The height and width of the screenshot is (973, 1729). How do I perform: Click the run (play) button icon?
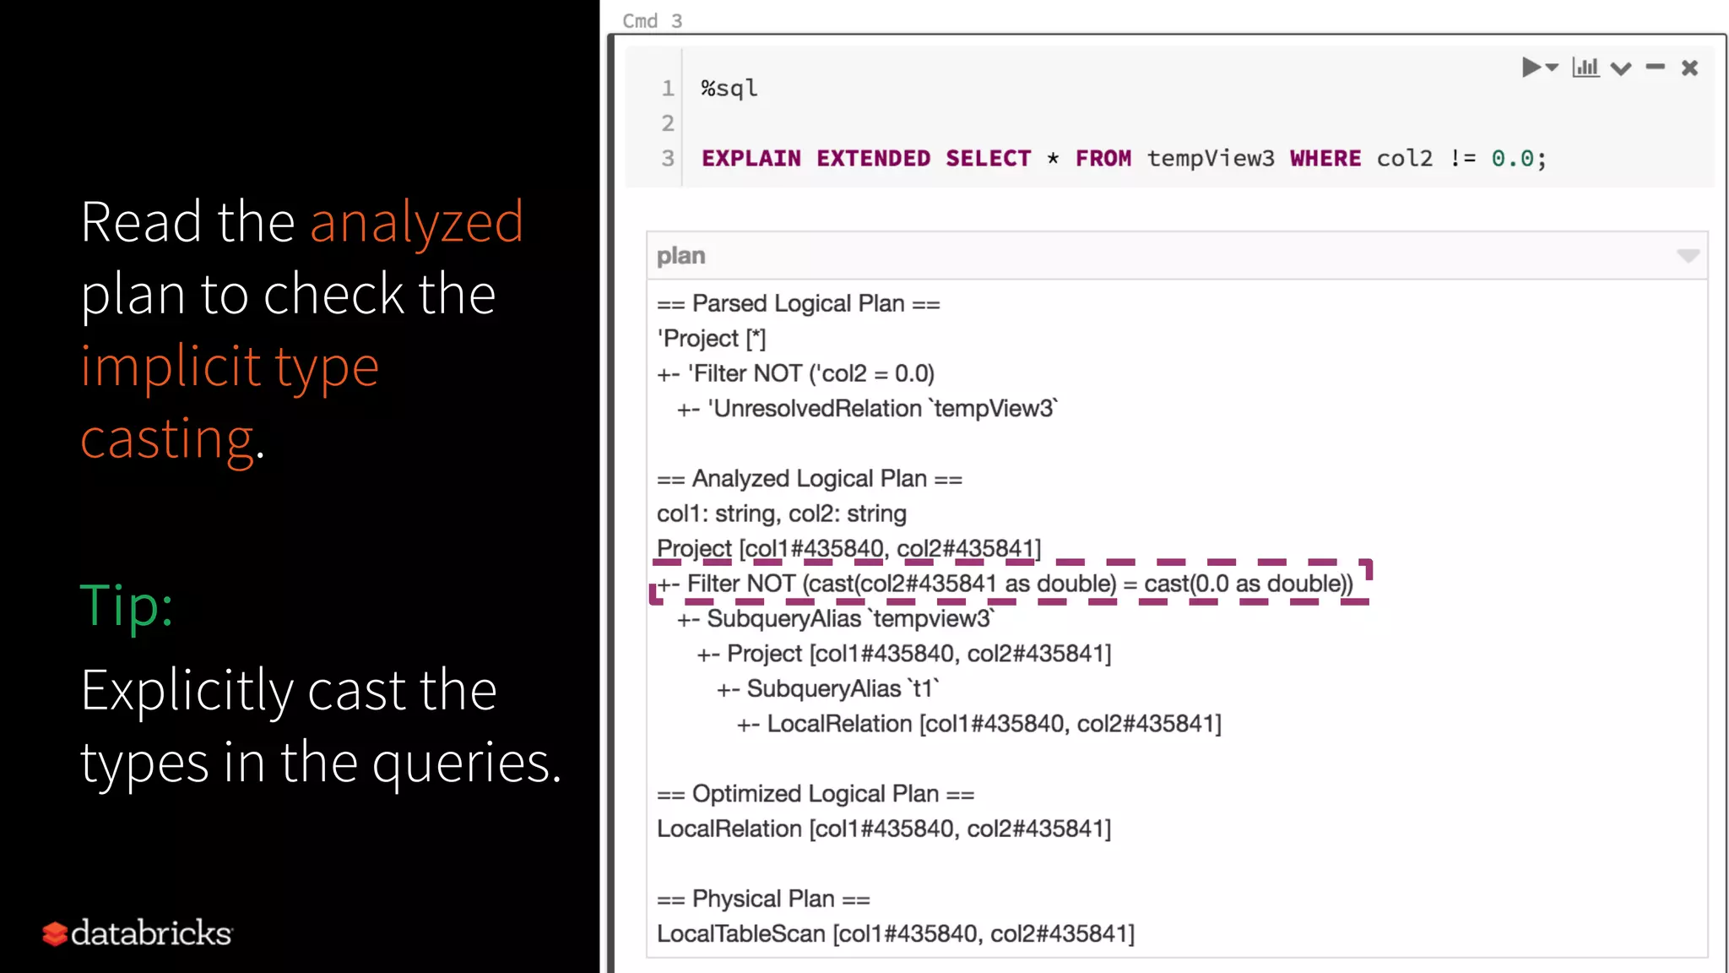click(1531, 68)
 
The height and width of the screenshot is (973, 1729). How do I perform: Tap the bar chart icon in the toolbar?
click(1585, 68)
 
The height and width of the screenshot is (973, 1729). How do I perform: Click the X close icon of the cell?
click(1689, 68)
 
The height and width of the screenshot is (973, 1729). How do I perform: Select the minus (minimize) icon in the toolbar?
click(1655, 67)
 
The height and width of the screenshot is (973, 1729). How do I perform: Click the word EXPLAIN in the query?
click(751, 159)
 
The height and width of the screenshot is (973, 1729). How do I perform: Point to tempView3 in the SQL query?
click(1210, 159)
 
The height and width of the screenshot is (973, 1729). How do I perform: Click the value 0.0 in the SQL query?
click(1511, 159)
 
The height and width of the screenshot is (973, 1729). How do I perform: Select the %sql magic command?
click(729, 89)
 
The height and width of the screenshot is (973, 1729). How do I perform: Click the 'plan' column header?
click(680, 256)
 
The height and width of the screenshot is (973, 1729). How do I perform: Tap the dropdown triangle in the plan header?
click(1688, 256)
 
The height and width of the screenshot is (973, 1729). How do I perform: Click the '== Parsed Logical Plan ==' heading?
click(798, 304)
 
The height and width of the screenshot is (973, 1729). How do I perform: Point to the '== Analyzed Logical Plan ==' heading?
click(809, 479)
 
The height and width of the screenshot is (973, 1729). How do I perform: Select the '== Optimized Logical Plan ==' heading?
click(815, 794)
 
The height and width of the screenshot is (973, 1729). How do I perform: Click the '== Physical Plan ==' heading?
click(763, 899)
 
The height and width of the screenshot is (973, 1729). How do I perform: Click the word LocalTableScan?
click(740, 934)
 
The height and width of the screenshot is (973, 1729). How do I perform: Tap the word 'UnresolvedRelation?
click(816, 409)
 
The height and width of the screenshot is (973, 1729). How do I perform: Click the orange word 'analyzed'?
click(416, 222)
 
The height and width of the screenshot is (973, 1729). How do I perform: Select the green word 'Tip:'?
click(127, 606)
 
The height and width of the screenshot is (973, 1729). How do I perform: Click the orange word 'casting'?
click(167, 439)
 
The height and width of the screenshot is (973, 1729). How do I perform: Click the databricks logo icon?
click(55, 933)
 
